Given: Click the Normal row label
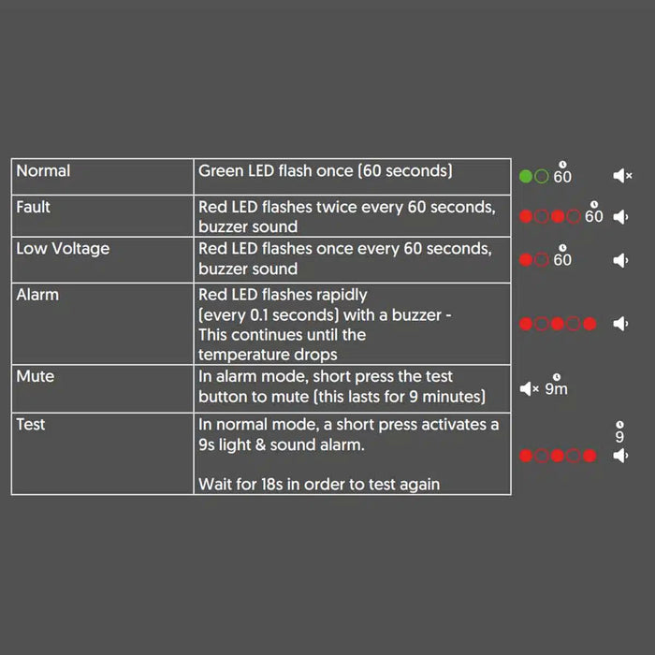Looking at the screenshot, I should point(43,171).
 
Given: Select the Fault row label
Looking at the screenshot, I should point(34,207).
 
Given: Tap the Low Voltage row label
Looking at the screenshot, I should point(63,249).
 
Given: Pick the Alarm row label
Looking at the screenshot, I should point(37,295).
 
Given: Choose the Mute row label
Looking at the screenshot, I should point(36,376).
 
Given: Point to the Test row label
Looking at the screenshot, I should point(31,424).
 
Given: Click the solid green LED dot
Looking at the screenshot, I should point(526,176).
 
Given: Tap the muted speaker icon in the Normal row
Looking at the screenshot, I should point(622,176).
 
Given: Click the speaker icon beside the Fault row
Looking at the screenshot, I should point(620,217).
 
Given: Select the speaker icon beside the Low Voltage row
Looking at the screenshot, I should point(620,260).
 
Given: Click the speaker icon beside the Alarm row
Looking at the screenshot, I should point(620,324).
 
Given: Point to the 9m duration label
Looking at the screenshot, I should point(556,388).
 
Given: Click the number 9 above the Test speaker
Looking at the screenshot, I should point(619,437).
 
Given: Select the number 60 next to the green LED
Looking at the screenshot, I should point(562,177).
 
